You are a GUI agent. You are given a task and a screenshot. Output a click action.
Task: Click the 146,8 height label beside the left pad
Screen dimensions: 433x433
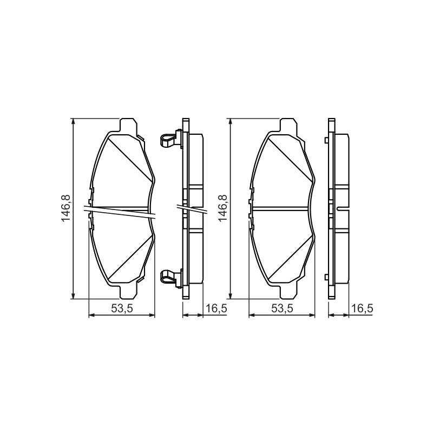(x=66, y=208)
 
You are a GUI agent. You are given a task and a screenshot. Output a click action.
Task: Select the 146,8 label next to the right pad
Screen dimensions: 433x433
(x=223, y=208)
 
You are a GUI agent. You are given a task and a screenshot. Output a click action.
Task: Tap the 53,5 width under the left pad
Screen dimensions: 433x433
(x=122, y=308)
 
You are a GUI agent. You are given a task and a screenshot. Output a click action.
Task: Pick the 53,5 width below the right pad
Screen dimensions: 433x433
(x=282, y=308)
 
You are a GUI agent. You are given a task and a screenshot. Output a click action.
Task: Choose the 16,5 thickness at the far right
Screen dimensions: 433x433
(x=362, y=308)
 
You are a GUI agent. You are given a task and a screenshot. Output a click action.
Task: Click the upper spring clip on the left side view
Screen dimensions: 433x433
(x=171, y=139)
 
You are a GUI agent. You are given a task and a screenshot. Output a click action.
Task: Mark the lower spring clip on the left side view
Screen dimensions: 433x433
(x=171, y=278)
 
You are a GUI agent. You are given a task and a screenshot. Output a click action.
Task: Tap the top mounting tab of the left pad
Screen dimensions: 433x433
(x=128, y=125)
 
